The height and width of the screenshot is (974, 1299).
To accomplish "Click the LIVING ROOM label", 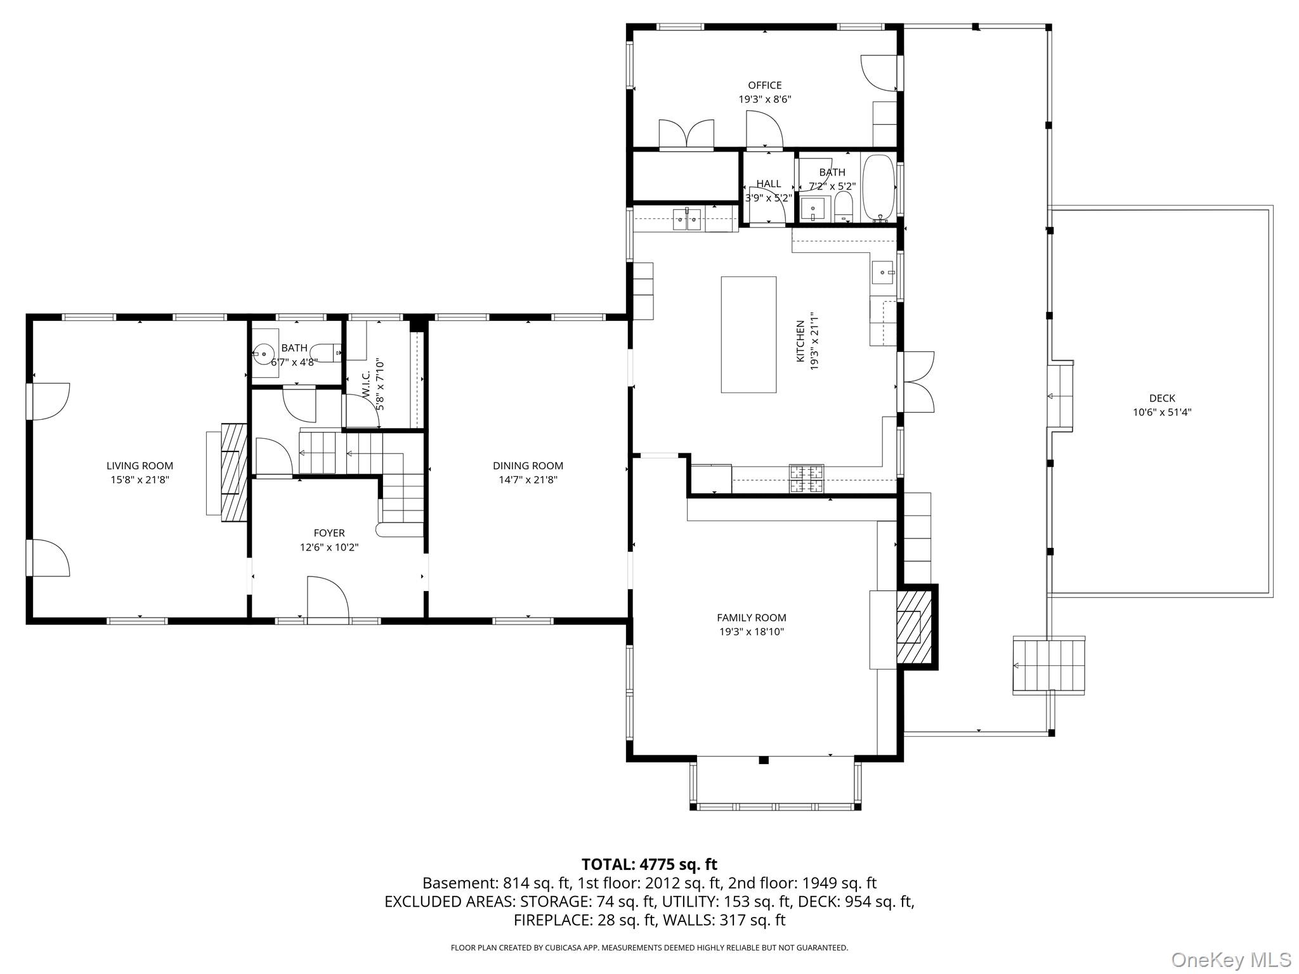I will point(140,466).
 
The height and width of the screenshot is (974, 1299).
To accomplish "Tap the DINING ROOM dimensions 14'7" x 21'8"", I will point(528,480).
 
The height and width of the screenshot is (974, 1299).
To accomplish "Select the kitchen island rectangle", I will point(748,335).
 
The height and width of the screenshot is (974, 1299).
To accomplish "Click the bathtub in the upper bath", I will point(878,187).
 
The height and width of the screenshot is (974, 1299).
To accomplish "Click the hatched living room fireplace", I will point(233,472).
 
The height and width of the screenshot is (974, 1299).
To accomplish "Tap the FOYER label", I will point(329,533).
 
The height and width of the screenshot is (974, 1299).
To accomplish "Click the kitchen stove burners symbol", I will point(806,479).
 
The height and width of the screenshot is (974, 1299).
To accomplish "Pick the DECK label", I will point(1162,398).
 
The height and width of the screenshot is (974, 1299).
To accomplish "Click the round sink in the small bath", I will point(263,353).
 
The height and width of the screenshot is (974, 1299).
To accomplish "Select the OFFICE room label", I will point(764,86).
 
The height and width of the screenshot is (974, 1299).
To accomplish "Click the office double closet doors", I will point(686,135).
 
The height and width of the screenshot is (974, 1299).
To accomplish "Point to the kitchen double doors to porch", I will point(917,382).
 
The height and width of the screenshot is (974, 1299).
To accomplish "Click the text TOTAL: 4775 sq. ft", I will point(649,864).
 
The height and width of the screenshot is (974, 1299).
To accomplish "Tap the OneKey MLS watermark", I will point(1230,959).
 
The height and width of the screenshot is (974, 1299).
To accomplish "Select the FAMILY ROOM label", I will point(751,618).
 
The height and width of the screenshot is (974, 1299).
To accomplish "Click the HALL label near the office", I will point(768,184).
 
